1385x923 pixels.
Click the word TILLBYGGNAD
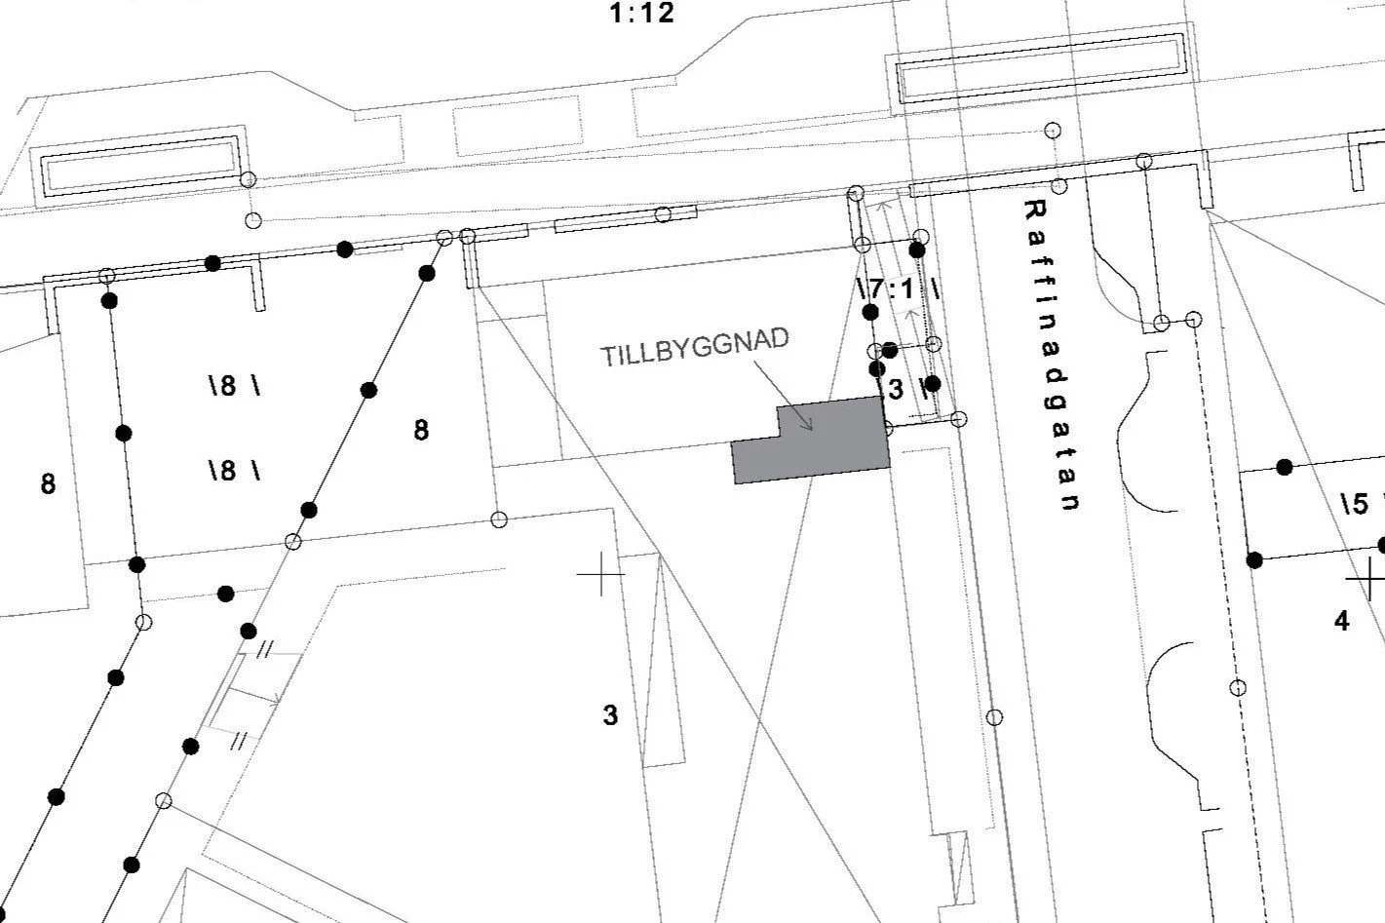click(x=694, y=348)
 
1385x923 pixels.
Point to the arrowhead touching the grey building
click(x=809, y=426)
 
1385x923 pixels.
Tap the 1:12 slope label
click(x=641, y=14)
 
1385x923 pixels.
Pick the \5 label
click(x=1355, y=504)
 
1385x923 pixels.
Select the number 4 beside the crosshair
click(x=1342, y=621)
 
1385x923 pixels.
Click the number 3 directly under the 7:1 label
click(x=896, y=389)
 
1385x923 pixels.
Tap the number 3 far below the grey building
click(x=610, y=715)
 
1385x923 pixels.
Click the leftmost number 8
click(x=48, y=483)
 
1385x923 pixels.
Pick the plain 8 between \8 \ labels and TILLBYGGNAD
click(x=421, y=430)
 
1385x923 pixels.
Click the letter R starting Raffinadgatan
click(x=1035, y=209)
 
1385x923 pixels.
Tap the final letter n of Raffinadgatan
click(x=1070, y=503)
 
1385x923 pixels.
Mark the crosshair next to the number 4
click(x=1367, y=580)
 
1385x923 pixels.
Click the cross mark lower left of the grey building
click(x=600, y=575)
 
